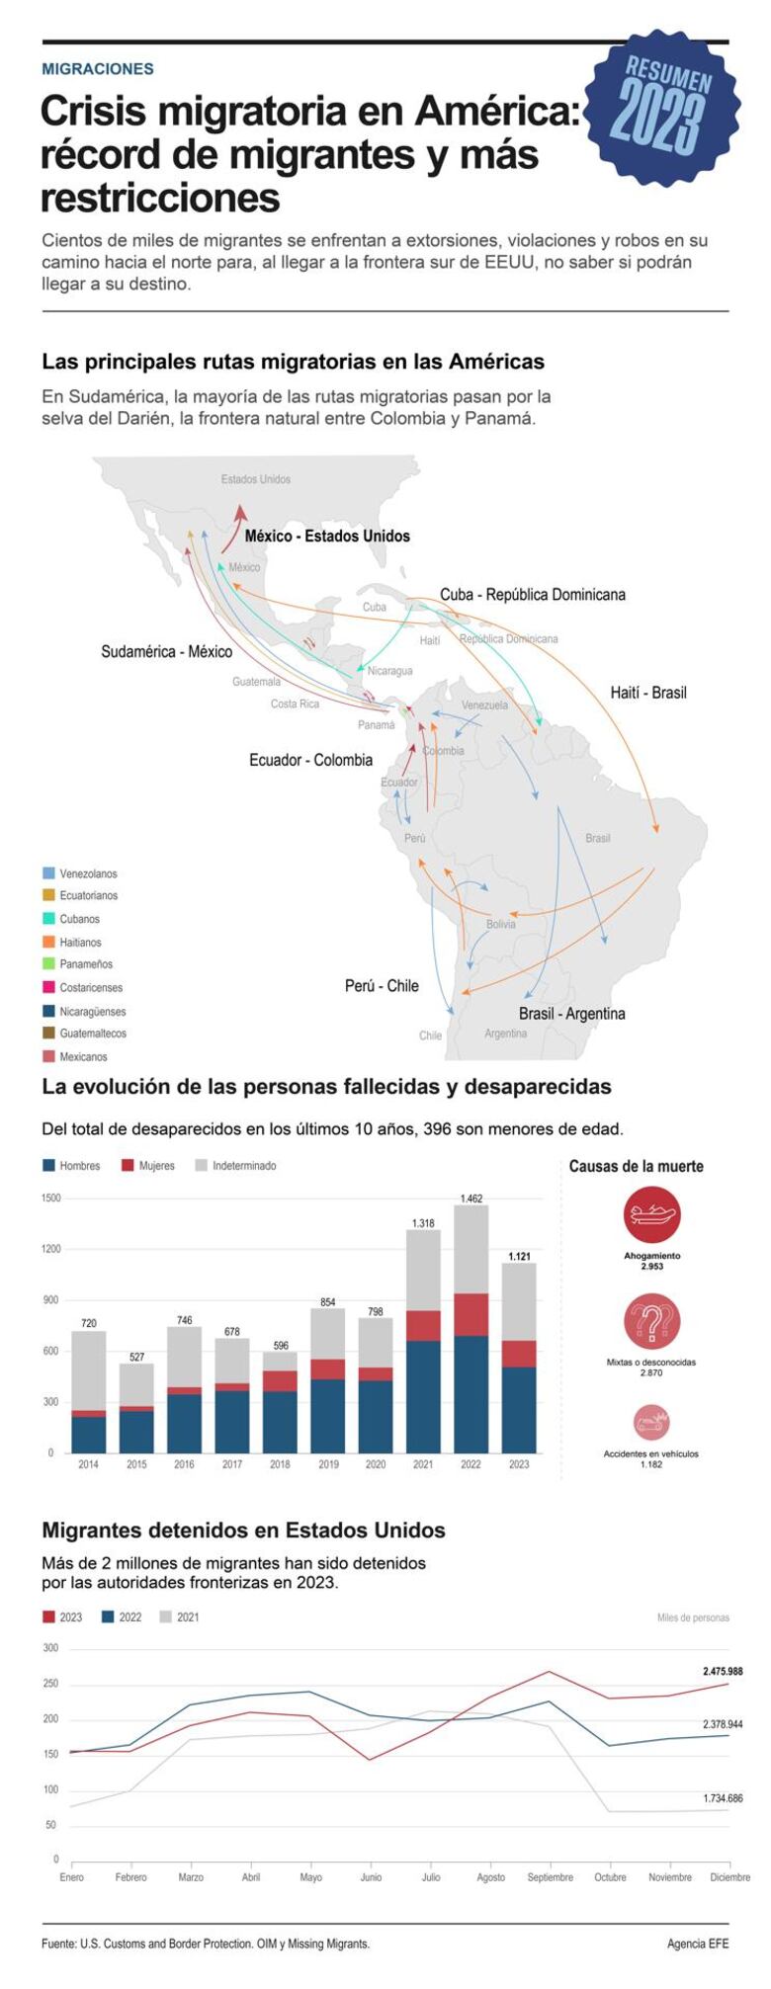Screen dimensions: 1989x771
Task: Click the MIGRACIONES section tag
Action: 98,69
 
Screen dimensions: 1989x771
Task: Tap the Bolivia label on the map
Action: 500,924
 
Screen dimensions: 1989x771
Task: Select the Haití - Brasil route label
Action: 647,693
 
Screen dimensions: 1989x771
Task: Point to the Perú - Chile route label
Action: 382,985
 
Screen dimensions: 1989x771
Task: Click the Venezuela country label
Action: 484,704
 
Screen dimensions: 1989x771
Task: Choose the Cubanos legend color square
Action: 48,919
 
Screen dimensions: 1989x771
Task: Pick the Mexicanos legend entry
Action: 82,1056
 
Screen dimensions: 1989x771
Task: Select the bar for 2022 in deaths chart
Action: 471,1329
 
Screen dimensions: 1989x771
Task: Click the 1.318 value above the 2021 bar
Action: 423,1223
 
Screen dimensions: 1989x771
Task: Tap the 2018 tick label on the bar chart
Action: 280,1464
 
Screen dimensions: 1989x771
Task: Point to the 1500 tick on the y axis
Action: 51,1198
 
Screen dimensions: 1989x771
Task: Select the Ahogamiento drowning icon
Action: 651,1214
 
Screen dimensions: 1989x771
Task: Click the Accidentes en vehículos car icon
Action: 651,1423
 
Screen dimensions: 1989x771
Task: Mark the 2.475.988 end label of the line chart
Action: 722,1671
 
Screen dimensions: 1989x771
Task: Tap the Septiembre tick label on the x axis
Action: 550,1877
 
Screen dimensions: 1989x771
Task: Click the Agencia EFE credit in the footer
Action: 697,1944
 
